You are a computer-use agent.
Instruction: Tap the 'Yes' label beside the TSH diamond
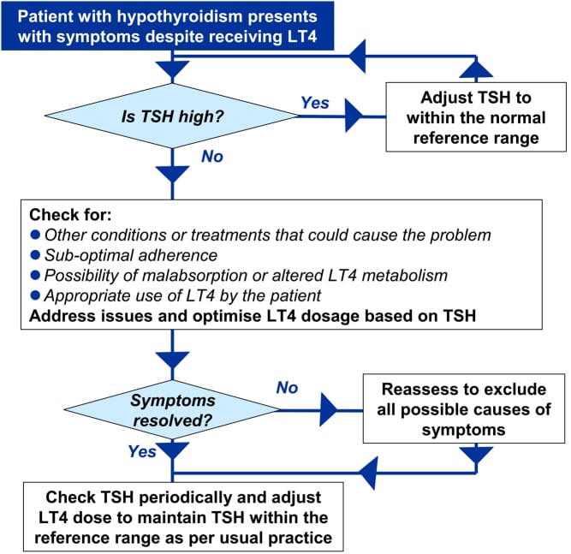(x=315, y=103)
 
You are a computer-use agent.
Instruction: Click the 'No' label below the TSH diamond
(x=213, y=157)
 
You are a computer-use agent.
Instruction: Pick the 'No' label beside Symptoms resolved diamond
(x=287, y=388)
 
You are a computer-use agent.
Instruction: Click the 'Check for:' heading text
(x=63, y=213)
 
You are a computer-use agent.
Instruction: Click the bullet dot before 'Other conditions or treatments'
(x=35, y=235)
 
